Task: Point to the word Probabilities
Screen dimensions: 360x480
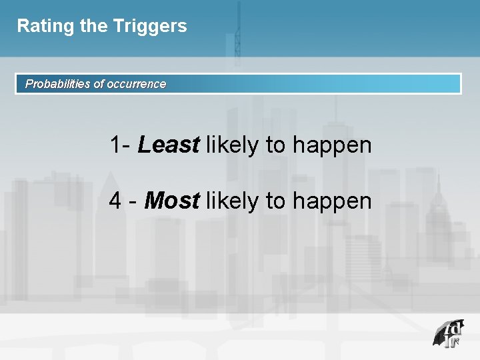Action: (57, 84)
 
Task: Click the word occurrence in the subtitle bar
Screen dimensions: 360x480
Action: (137, 84)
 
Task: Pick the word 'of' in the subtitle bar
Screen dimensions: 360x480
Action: (99, 84)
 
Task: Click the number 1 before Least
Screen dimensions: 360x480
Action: (116, 145)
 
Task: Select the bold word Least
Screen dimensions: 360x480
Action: (168, 145)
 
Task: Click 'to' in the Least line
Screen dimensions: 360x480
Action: (275, 145)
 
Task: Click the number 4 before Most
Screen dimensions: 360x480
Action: (115, 201)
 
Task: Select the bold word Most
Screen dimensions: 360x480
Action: (171, 201)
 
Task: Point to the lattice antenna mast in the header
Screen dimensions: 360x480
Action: (237, 33)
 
